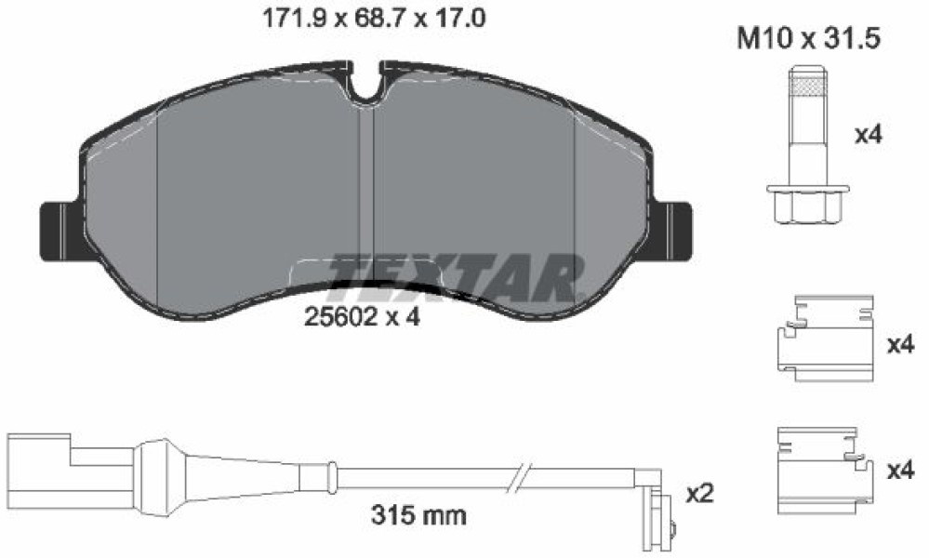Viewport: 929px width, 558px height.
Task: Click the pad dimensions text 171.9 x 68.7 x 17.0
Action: pos(374,19)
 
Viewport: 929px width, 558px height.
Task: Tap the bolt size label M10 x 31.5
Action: pos(809,38)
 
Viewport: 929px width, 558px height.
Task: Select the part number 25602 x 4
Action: pos(362,317)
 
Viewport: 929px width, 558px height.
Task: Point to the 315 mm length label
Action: pos(418,515)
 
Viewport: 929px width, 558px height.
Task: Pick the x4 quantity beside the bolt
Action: pos(869,135)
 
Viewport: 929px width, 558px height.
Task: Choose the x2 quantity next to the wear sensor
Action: pos(699,493)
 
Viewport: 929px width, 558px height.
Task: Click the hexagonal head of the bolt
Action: pos(807,205)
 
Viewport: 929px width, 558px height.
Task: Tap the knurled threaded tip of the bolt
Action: pos(807,83)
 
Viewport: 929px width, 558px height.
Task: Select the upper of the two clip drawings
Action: pos(824,338)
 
